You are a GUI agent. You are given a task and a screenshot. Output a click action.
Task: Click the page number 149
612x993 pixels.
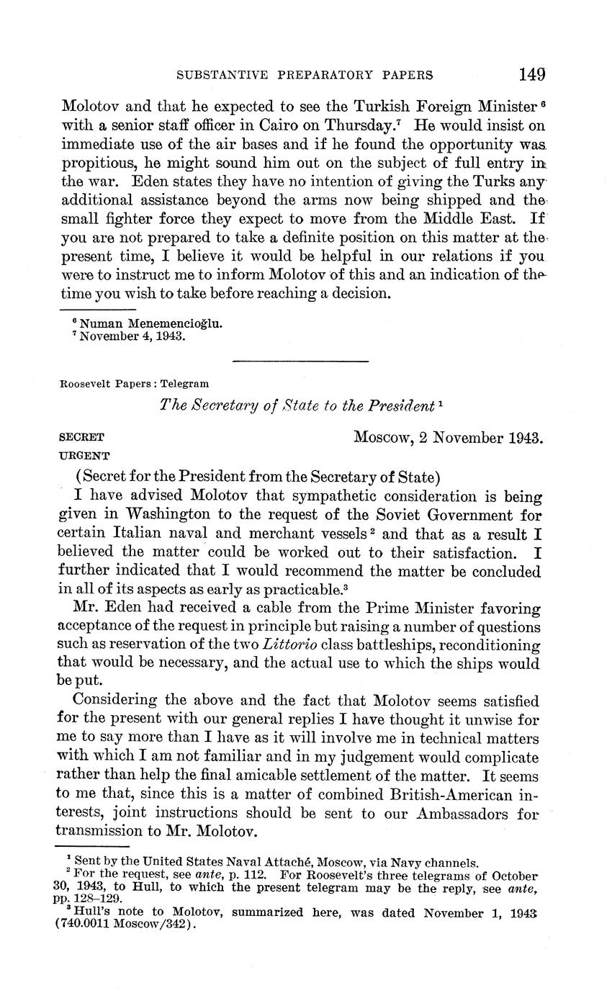click(531, 74)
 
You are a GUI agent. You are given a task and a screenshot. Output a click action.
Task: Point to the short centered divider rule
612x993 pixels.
click(300, 361)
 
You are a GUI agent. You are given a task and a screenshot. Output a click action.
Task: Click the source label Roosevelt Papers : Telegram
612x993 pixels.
click(134, 384)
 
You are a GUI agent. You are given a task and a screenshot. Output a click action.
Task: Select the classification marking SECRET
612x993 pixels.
click(81, 437)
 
